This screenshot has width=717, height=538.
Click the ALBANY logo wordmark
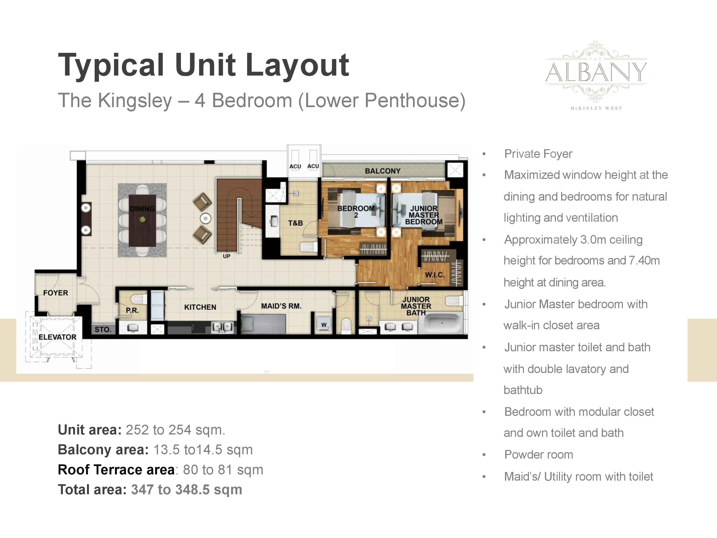tap(596, 72)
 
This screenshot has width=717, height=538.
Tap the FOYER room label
tap(56, 293)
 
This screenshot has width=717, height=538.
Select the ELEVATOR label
tap(57, 337)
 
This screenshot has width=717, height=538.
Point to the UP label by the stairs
tap(227, 256)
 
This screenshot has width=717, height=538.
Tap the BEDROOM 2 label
tap(356, 211)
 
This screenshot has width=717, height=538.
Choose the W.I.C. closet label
tap(435, 275)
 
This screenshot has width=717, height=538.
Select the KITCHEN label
tap(200, 307)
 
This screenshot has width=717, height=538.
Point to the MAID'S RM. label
tap(281, 306)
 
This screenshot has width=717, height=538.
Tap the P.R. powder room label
tap(132, 310)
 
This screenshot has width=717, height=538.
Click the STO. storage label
tap(103, 329)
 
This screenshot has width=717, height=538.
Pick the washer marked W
tap(324, 325)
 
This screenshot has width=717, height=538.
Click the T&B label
tap(295, 223)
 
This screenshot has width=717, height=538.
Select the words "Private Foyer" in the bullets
tap(538, 154)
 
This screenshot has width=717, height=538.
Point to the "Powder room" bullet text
tap(539, 455)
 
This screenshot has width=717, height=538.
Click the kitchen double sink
tap(222, 327)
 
